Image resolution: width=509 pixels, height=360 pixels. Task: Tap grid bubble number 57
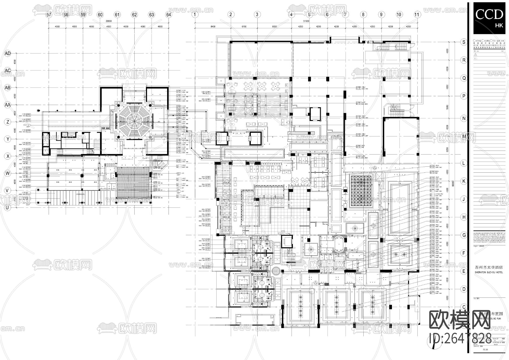point(49,14)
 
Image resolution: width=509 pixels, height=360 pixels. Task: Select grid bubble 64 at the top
point(169,14)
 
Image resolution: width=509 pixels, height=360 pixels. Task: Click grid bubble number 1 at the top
point(195,14)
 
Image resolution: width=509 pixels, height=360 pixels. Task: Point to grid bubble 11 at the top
point(417,14)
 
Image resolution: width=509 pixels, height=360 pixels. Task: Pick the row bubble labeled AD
point(8,53)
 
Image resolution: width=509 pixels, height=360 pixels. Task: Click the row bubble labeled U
point(8,207)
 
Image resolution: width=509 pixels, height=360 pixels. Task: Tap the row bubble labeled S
point(464,42)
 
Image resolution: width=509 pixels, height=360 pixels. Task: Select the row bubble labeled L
point(464,163)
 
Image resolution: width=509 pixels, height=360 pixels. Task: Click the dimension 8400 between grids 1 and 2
point(213,27)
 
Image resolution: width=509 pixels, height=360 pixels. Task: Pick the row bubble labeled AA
point(8,105)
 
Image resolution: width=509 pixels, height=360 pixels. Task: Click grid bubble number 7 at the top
point(345,14)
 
